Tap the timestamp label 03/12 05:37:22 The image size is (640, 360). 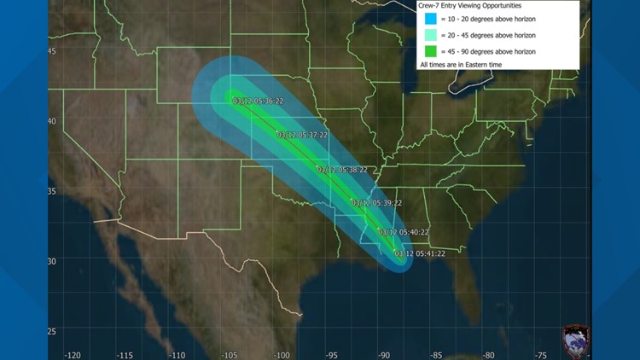303,135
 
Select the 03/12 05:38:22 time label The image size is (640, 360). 342,170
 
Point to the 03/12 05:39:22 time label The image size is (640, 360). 376,203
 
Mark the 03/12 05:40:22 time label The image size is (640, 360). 404,232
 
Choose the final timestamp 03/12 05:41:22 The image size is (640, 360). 420,253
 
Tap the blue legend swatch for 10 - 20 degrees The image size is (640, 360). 431,20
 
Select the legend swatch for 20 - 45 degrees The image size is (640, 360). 431,37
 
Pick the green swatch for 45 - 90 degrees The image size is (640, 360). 431,52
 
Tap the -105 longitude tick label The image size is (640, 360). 230,354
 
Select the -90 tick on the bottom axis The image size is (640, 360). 385,354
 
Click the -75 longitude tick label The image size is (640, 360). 540,354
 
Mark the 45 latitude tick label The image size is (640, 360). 52,51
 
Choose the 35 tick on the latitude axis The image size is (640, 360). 52,191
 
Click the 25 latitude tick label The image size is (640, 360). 52,331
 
